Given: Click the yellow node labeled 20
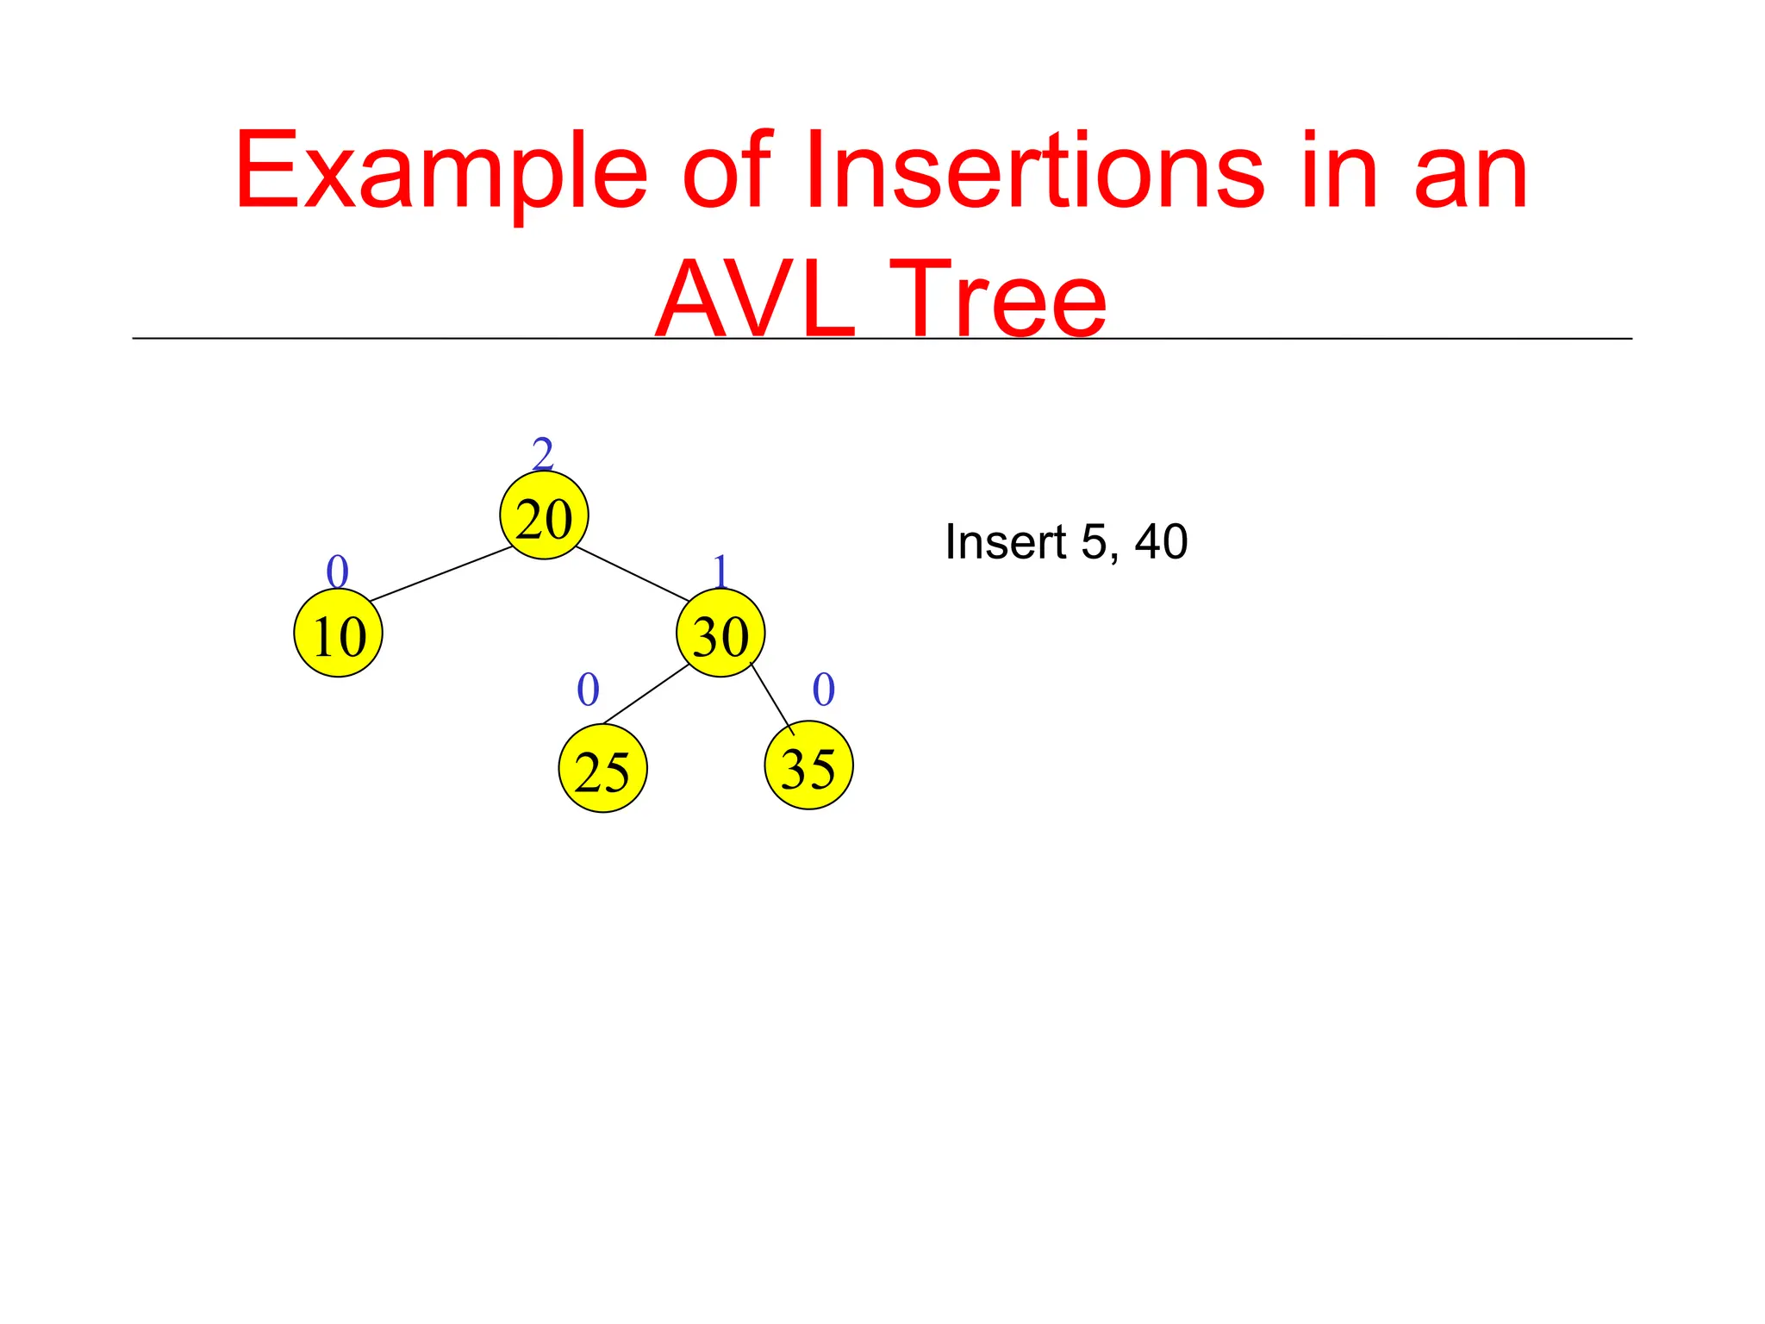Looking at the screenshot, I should coord(544,515).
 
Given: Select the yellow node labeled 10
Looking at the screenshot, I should coord(338,634).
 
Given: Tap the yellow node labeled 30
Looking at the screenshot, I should coord(720,634).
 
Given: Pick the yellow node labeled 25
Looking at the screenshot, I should coord(602,768).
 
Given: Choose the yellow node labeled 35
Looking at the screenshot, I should coord(808,765).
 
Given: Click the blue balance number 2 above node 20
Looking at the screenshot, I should coord(542,453).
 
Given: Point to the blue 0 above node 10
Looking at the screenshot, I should coord(337,571).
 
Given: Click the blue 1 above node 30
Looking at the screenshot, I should coord(720,571).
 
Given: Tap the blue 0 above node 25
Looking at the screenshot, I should coord(588,689).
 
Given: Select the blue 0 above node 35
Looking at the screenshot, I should coord(824,689).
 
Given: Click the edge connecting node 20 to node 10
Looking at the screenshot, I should coord(441,574).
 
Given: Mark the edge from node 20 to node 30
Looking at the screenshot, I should coord(633,573).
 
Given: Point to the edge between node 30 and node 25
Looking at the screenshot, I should coord(646,695).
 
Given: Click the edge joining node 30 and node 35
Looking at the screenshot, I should coord(771,698).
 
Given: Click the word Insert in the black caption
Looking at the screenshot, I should coord(1006,542).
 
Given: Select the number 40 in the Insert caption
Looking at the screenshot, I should coord(1161,542).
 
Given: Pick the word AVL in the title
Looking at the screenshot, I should coord(755,300).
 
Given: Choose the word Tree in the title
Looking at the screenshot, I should coord(998,300).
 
